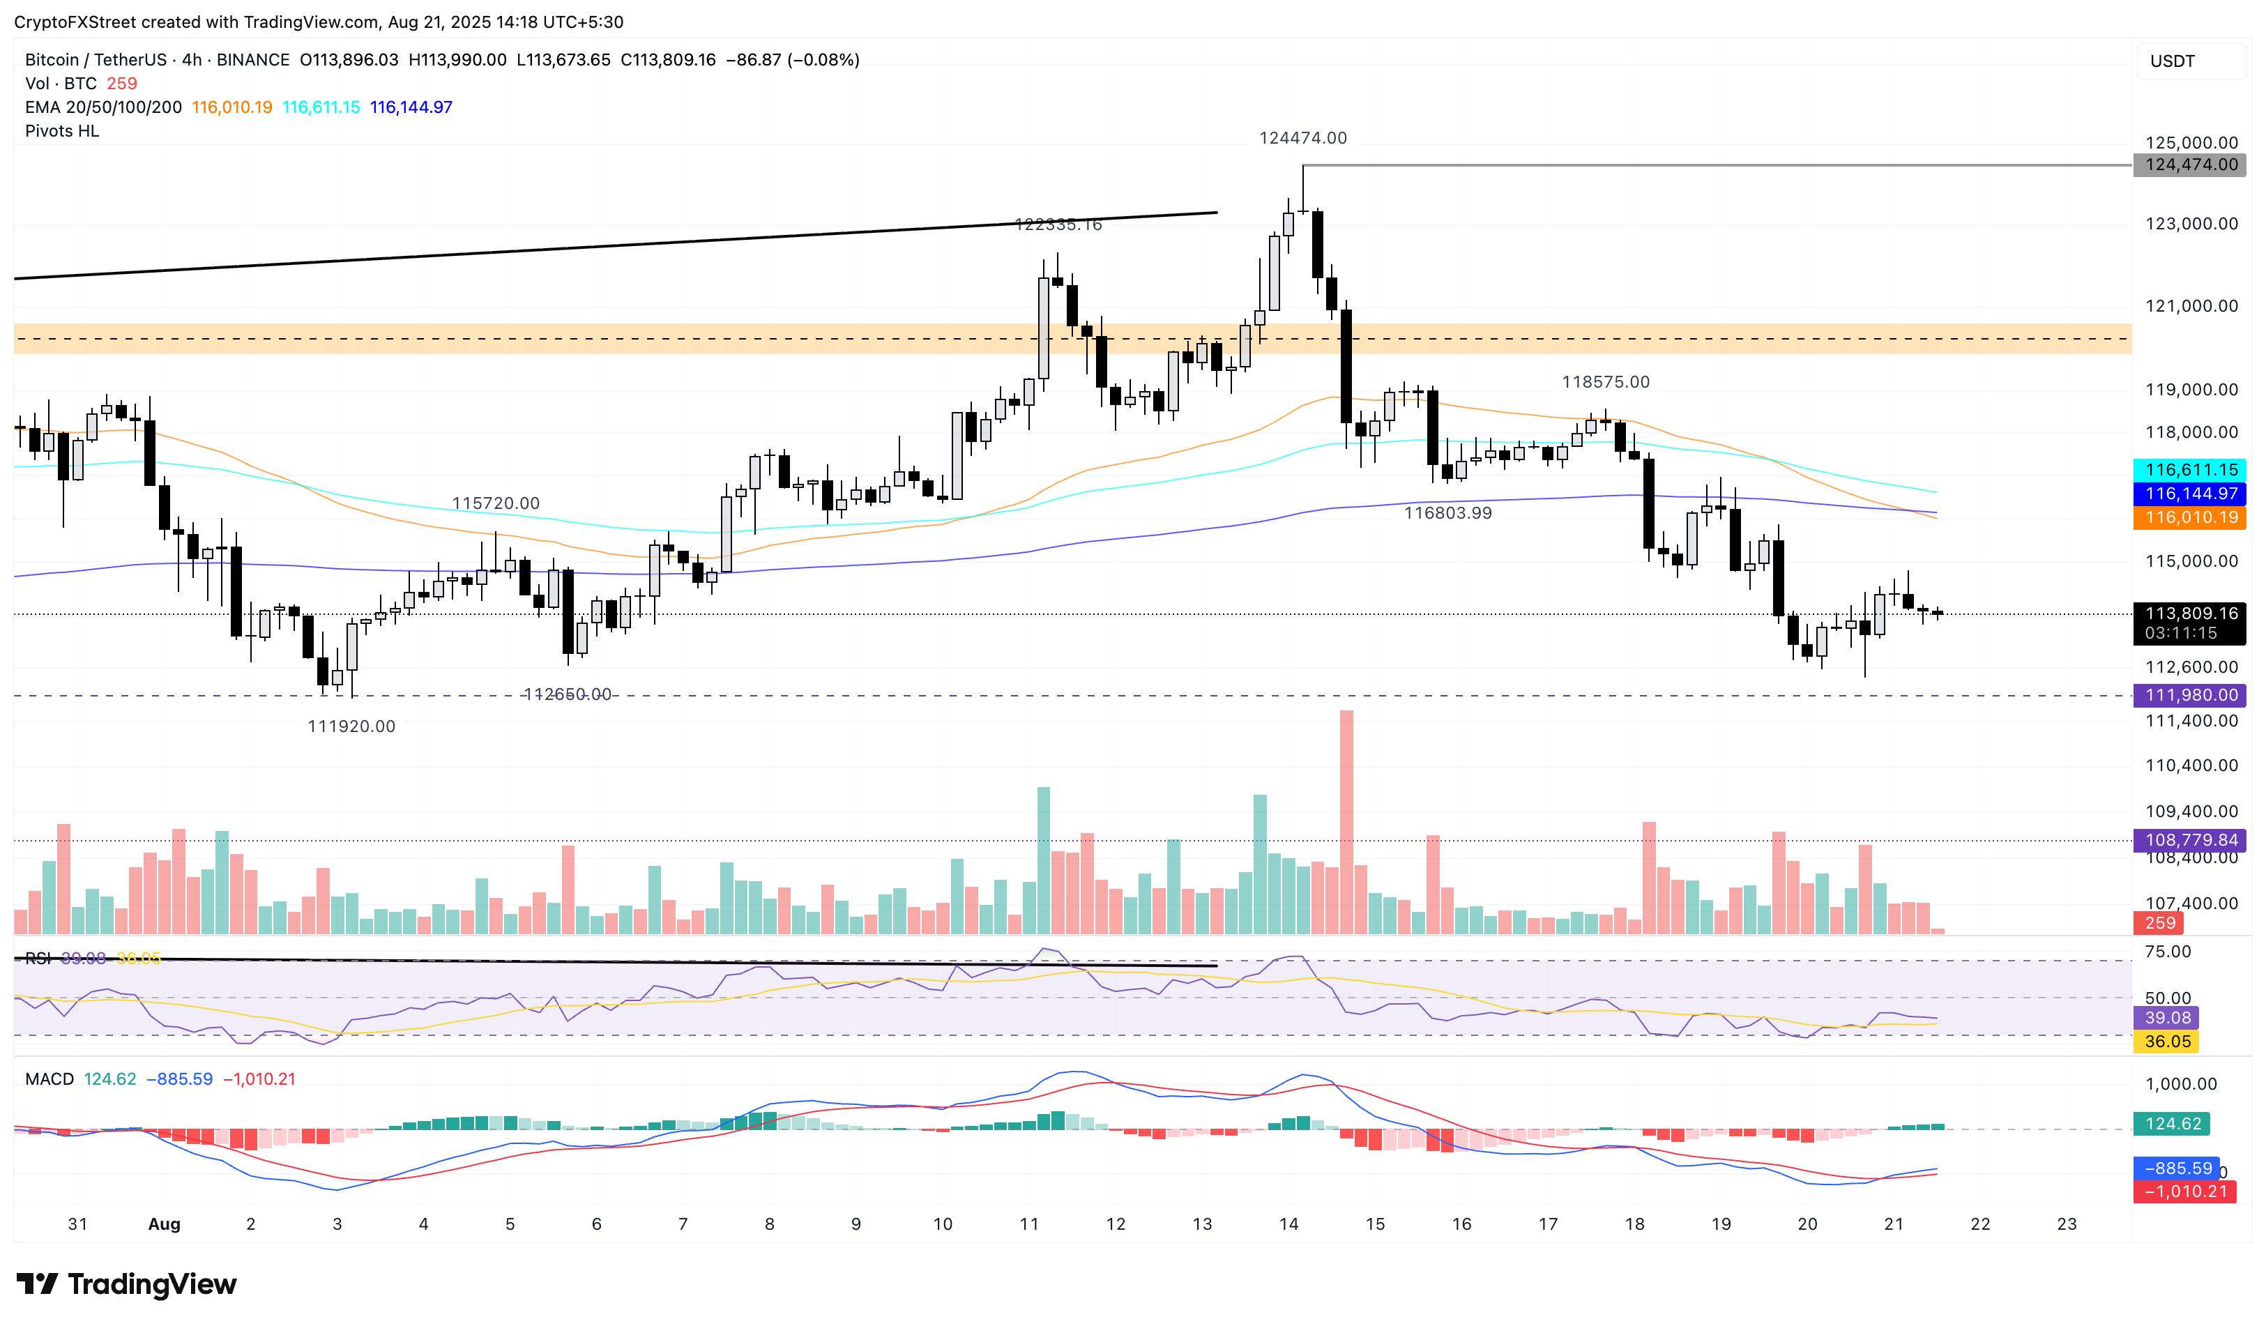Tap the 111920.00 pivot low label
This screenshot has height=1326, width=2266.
pyautogui.click(x=351, y=726)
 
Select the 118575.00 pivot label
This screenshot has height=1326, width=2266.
pyautogui.click(x=1605, y=382)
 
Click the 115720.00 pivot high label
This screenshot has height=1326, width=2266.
pyautogui.click(x=496, y=503)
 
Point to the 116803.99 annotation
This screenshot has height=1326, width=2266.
pyautogui.click(x=1447, y=513)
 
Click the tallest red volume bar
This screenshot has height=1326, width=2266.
pyautogui.click(x=1346, y=823)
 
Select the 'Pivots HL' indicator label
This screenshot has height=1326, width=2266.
pyautogui.click(x=62, y=131)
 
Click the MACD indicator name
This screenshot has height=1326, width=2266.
pyautogui.click(x=50, y=1079)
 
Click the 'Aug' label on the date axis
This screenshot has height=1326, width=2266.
pyautogui.click(x=164, y=1224)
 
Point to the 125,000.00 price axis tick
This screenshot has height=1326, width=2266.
pyautogui.click(x=2191, y=143)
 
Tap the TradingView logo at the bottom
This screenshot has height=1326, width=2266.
pyautogui.click(x=127, y=1283)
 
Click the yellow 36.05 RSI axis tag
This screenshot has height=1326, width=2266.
pyautogui.click(x=2167, y=1041)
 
